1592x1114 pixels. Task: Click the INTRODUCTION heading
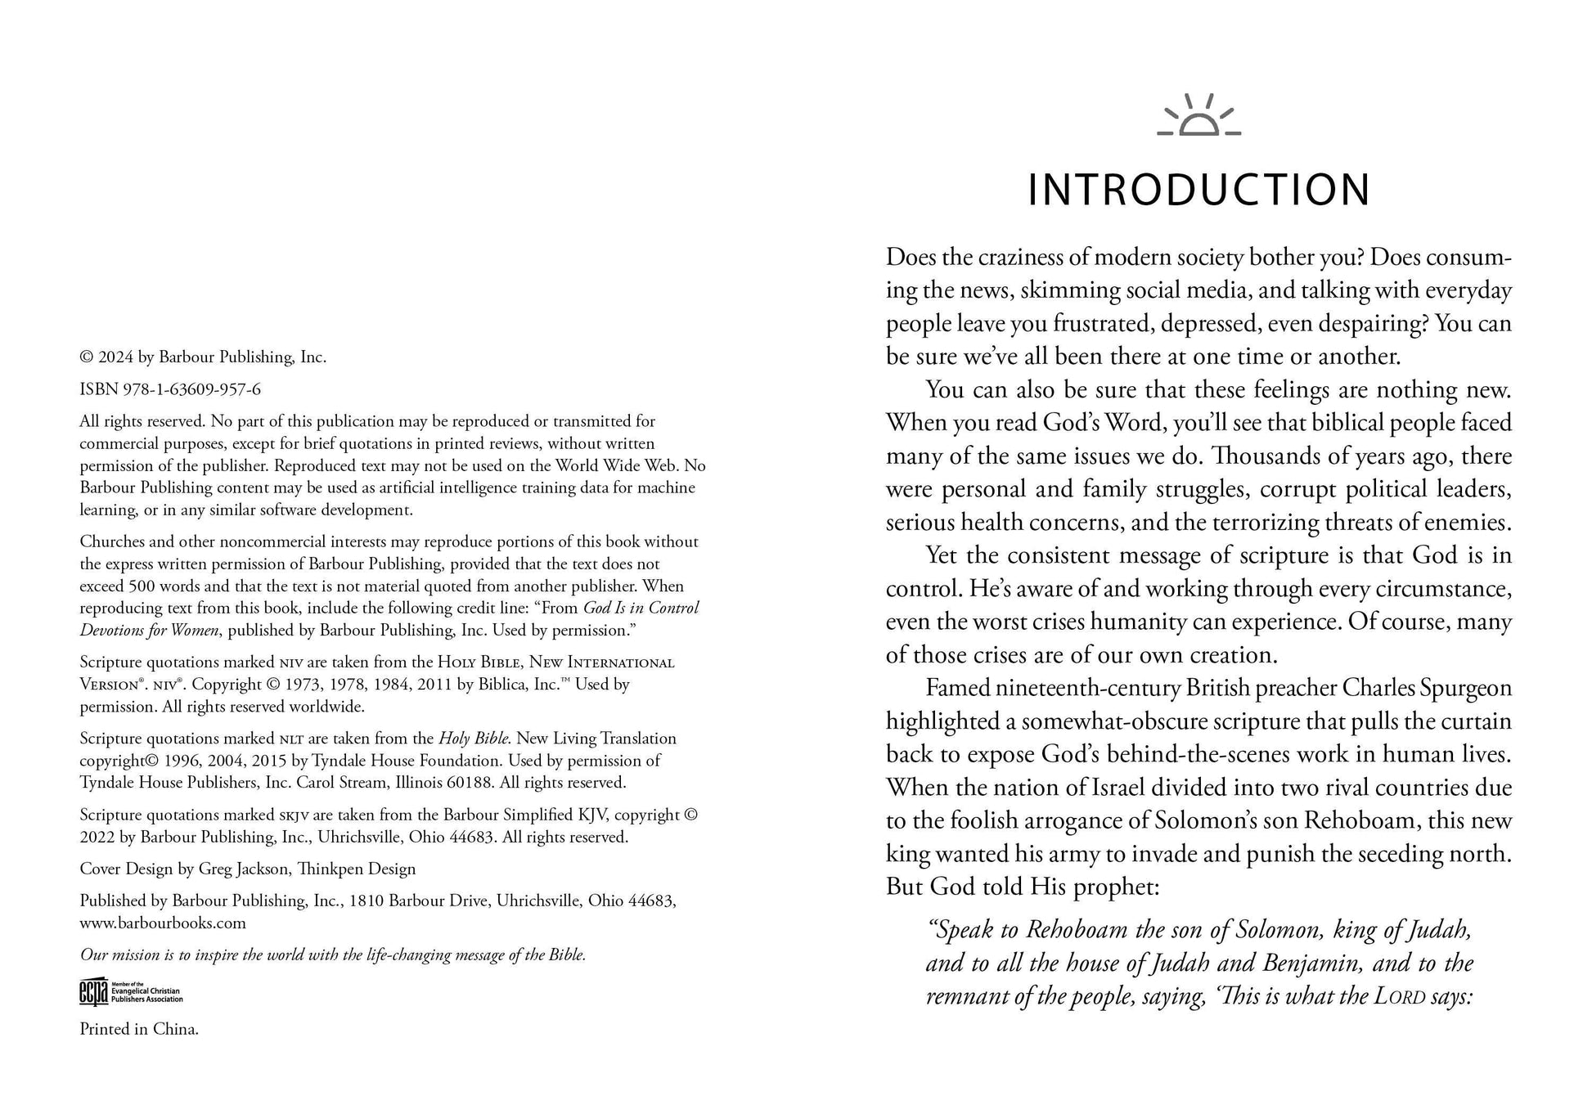coord(1198,190)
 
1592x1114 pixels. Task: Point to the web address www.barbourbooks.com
coord(163,923)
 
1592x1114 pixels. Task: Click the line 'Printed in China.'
coord(139,1029)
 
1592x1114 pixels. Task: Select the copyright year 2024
coord(116,357)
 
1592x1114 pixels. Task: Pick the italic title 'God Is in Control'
coord(641,608)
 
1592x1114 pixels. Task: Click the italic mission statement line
coord(333,955)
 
